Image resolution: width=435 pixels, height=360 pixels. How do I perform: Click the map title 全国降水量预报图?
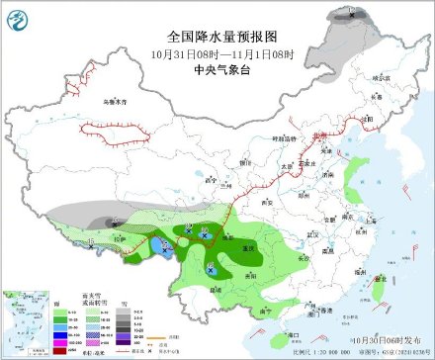[x=217, y=34]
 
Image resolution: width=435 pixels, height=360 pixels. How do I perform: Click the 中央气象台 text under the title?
[x=217, y=69]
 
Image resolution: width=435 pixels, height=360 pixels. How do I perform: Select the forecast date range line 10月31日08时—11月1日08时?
[x=217, y=51]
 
